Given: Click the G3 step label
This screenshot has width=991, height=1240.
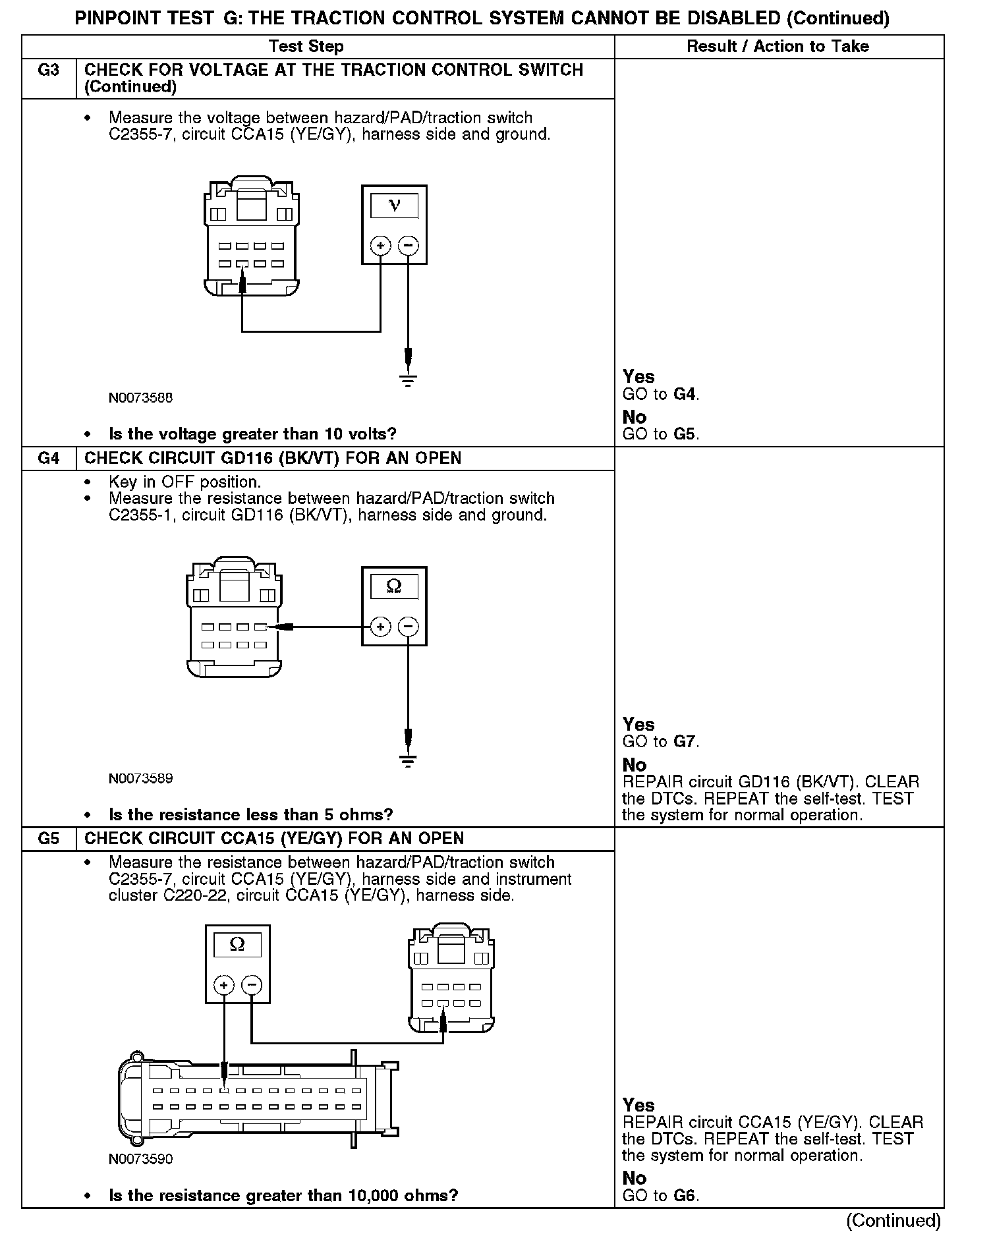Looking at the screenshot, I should click(x=48, y=70).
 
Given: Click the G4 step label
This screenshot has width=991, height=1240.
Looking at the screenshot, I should click(x=48, y=459).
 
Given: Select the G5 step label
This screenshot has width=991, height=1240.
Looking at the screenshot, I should click(x=48, y=839).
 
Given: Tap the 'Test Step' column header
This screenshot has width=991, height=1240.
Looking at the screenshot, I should click(x=306, y=46).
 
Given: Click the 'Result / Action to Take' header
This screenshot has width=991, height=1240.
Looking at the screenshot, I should click(x=778, y=46).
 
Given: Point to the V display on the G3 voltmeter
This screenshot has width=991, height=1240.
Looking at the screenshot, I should click(x=394, y=206).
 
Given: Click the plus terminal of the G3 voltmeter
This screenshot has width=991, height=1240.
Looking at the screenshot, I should click(x=380, y=246).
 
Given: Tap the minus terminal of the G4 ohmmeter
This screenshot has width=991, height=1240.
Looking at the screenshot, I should click(x=409, y=627).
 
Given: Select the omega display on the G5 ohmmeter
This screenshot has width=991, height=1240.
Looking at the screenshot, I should click(x=237, y=944).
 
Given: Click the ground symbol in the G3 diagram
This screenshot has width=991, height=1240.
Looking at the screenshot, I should click(x=409, y=379).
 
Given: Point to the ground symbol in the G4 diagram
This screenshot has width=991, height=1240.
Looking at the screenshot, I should click(x=409, y=760).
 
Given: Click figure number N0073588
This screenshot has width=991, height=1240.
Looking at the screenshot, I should click(x=141, y=398).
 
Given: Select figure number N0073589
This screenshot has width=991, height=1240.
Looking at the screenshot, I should click(x=141, y=779).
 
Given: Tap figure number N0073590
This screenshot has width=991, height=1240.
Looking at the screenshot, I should click(x=141, y=1159).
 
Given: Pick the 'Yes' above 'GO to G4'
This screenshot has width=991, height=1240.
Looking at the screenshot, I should click(x=638, y=377).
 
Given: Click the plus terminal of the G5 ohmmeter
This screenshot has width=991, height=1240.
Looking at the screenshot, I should click(x=224, y=986).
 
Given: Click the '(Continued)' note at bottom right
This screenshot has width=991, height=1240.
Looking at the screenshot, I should click(x=893, y=1220).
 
